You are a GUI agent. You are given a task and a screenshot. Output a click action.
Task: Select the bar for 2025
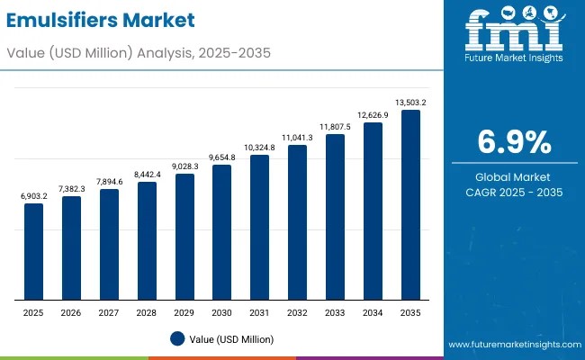pyautogui.click(x=33, y=251)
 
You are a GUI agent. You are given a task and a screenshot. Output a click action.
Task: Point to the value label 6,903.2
pyautogui.click(x=33, y=195)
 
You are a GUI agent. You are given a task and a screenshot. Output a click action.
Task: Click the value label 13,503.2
pyautogui.click(x=410, y=103)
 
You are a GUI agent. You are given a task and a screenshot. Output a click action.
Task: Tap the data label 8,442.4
pyautogui.click(x=147, y=174)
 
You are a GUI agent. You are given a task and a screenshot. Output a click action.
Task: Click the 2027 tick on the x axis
pyautogui.click(x=109, y=311)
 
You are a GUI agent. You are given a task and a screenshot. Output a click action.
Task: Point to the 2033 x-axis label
pyautogui.click(x=335, y=311)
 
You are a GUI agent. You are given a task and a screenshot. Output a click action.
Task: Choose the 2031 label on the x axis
pyautogui.click(x=260, y=311)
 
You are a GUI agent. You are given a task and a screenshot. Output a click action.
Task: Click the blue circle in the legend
pyautogui.click(x=177, y=338)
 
